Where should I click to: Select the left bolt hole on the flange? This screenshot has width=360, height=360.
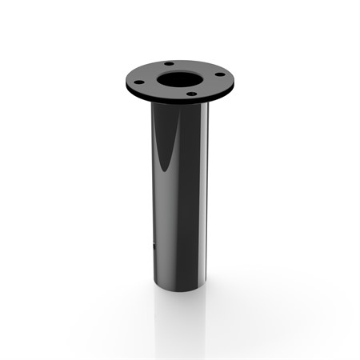pos(138,82)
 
